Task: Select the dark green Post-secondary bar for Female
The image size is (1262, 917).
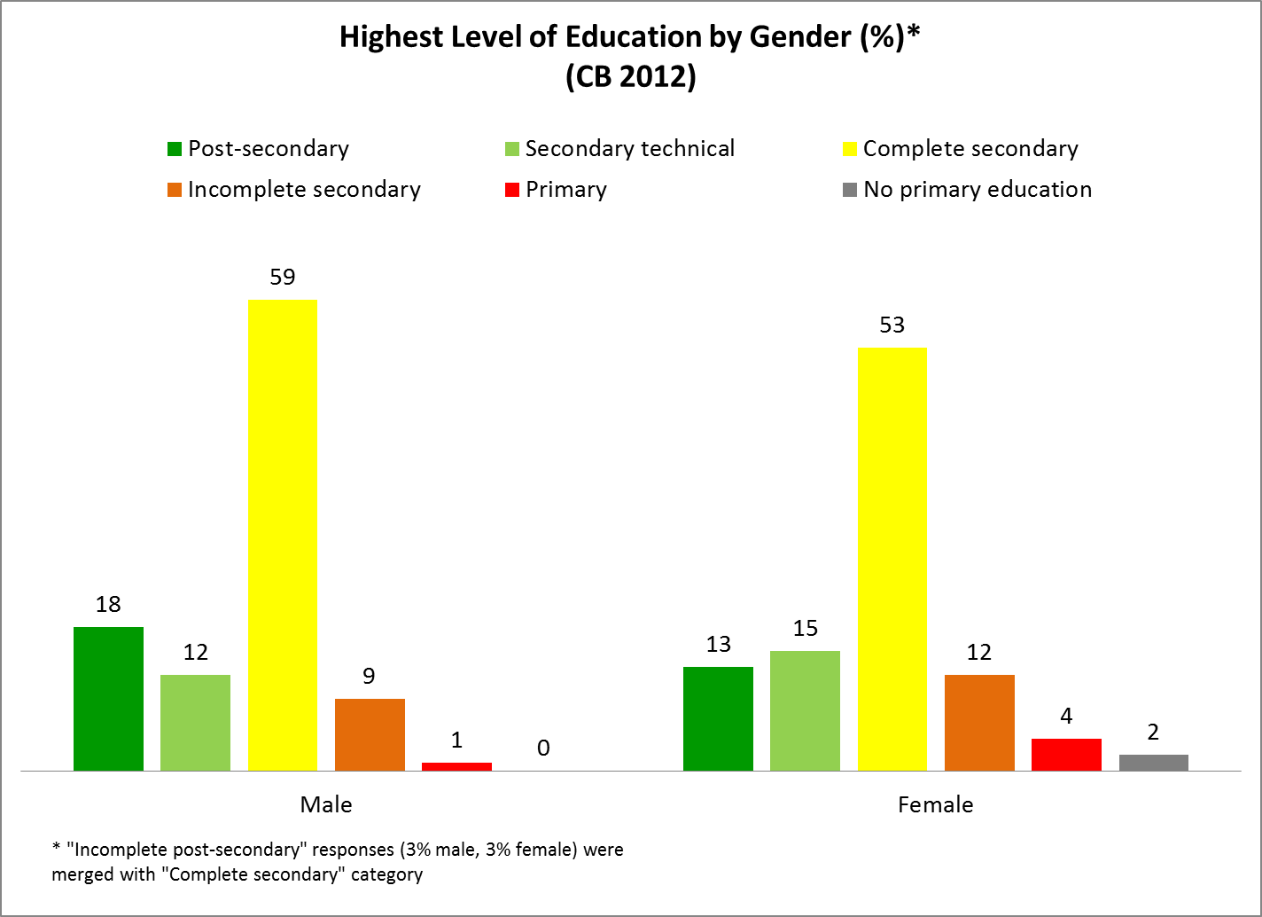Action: [x=718, y=718]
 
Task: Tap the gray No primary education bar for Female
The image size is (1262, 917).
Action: [x=1153, y=763]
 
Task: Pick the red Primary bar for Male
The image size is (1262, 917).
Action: [x=456, y=766]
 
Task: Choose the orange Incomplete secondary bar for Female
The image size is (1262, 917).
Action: [x=979, y=723]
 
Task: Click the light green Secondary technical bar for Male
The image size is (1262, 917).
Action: [x=195, y=723]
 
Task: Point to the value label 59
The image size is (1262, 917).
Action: [x=282, y=278]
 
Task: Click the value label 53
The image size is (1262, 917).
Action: [x=892, y=325]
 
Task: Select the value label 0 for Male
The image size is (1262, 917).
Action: [x=543, y=748]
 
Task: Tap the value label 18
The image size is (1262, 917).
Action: [x=108, y=605]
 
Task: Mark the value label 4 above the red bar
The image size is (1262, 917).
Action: [x=1066, y=717]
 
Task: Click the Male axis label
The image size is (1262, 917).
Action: [x=326, y=804]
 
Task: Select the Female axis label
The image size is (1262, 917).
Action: [x=935, y=804]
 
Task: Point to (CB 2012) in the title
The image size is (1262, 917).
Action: [x=630, y=77]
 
